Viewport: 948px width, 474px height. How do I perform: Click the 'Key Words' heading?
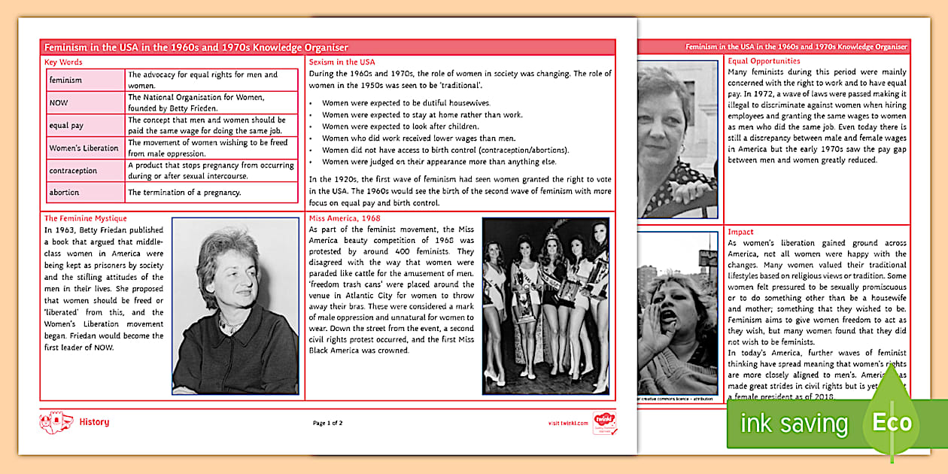(x=63, y=62)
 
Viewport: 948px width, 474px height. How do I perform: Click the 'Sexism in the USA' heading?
(x=342, y=62)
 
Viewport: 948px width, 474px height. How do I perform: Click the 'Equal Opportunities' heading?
(x=764, y=61)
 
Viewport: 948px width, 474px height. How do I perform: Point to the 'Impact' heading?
(x=740, y=232)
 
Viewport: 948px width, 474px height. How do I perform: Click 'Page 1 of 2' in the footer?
(x=328, y=423)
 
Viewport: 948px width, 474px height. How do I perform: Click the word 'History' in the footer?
(x=94, y=422)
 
